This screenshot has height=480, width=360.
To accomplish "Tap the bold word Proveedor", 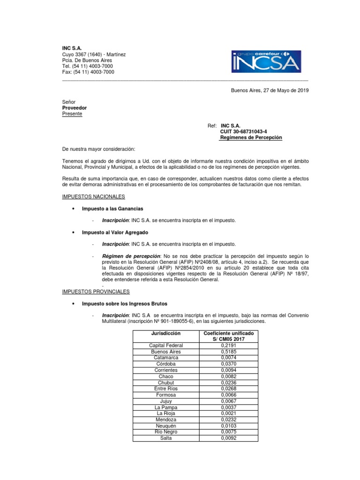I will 75,108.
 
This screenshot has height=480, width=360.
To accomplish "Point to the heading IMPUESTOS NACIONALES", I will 94,196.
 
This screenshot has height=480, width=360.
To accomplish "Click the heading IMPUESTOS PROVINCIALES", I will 96,292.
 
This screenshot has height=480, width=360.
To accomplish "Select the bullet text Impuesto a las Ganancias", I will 112,208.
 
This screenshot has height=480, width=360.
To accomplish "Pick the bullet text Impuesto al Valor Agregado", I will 115,232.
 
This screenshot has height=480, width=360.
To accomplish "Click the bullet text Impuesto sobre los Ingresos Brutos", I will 124,303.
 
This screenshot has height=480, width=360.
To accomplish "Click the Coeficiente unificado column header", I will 228,336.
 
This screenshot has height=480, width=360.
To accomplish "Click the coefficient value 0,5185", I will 228,352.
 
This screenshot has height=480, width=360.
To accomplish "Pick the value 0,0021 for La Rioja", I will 228,413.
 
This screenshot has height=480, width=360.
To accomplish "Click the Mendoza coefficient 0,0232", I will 228,420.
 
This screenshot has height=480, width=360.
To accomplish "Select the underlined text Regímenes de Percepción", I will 251,138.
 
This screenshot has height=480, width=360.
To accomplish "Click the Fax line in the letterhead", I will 88,72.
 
